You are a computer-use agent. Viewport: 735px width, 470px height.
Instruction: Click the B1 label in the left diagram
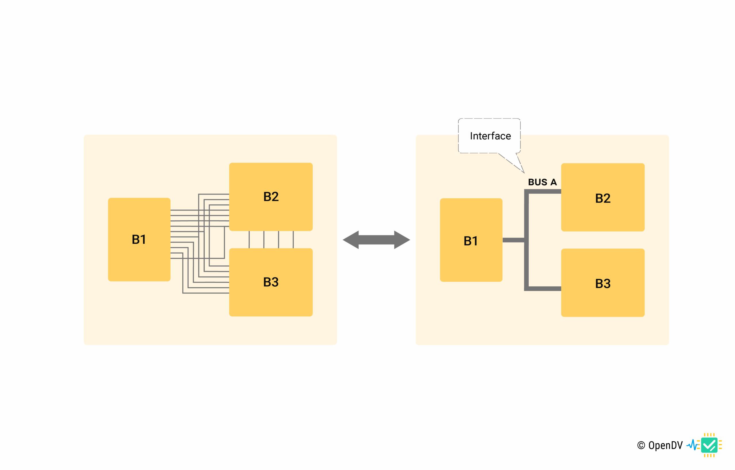pos(139,240)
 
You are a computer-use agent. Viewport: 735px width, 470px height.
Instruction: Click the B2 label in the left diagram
pos(271,197)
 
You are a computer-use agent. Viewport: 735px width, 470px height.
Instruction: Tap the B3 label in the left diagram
pos(271,282)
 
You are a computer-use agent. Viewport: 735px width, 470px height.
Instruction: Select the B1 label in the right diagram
pos(471,241)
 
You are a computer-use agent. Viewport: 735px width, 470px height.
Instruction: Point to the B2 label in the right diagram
pos(603,198)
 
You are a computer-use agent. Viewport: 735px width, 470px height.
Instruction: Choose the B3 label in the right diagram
pos(603,283)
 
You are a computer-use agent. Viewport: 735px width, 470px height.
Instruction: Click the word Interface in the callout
pos(490,136)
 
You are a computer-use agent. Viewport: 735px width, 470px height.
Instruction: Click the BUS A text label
pos(542,182)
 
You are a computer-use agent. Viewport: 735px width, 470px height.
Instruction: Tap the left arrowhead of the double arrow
pos(351,240)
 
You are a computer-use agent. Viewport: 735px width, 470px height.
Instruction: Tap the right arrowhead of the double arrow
pos(402,240)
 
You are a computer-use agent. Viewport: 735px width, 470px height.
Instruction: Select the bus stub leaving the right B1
pos(513,240)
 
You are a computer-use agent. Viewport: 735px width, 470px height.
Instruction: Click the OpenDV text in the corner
pos(666,446)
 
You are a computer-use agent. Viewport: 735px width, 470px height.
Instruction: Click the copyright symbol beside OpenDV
pos(641,446)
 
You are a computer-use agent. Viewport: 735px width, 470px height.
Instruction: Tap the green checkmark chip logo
pos(709,445)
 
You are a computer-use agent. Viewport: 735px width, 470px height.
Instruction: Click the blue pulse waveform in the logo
pos(692,445)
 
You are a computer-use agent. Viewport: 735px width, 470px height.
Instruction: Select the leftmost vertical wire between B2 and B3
pos(249,240)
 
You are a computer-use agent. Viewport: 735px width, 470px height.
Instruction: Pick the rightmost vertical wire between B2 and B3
pos(293,240)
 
